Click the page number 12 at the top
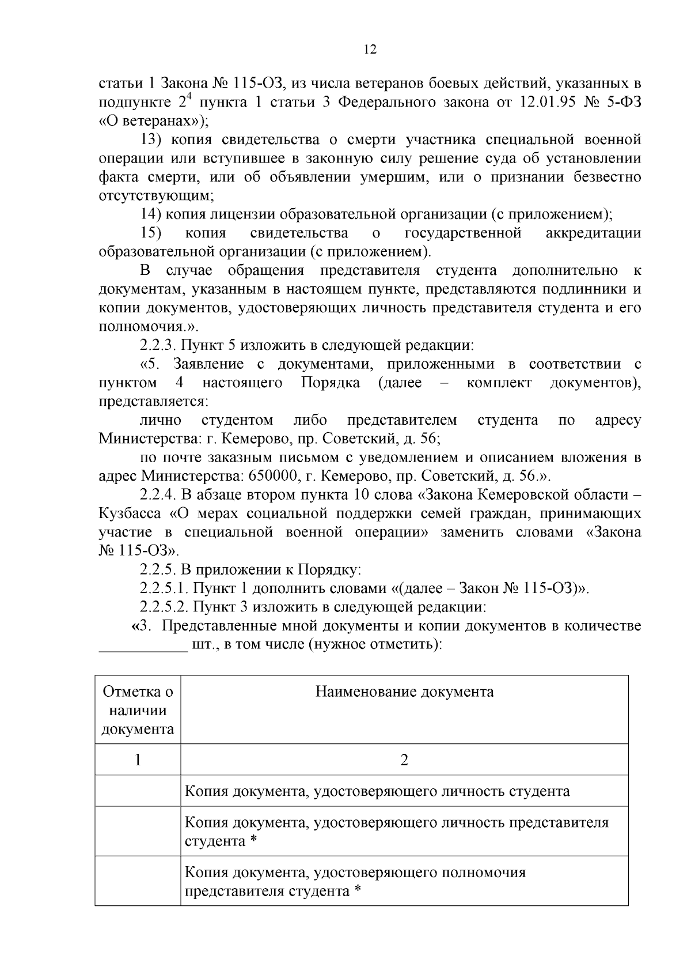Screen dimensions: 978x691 click(370, 50)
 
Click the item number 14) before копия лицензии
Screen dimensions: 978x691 click(151, 214)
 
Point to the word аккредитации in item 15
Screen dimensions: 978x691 click(593, 233)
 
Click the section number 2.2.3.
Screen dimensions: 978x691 click(159, 345)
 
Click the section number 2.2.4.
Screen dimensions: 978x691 click(159, 495)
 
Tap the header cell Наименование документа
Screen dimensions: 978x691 click(404, 692)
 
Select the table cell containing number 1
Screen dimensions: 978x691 click(138, 760)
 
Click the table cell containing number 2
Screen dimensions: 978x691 click(404, 760)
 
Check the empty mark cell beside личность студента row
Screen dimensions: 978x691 click(138, 791)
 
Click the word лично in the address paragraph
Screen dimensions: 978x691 click(160, 420)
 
